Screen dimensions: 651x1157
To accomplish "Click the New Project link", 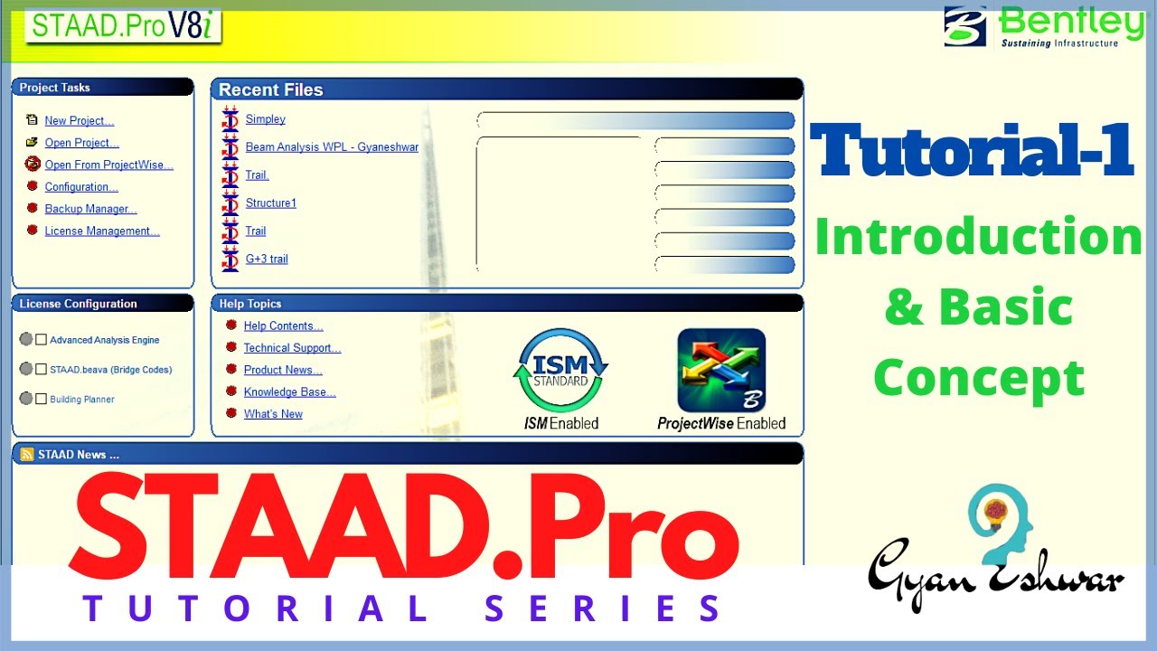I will [79, 121].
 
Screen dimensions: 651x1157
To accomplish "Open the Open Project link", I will [81, 143].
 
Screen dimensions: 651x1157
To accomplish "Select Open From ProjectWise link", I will [108, 165].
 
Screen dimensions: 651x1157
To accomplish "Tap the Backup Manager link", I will [90, 210].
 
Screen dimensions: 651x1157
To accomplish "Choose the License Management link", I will [101, 231].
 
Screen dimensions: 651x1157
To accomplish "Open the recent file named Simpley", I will [265, 119].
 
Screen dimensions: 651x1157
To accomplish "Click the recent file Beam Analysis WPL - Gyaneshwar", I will [332, 147].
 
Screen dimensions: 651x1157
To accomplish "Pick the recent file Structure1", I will [270, 203].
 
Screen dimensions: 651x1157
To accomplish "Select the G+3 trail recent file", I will [267, 259].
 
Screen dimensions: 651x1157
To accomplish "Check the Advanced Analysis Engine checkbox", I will [42, 340].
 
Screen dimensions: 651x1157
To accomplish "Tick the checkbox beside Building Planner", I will [42, 399].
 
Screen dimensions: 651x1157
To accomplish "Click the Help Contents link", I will [283, 326].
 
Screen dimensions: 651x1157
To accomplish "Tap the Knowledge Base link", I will [289, 392].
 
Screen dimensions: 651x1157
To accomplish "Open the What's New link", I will [273, 414].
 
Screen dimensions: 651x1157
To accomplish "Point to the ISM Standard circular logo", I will [560, 372].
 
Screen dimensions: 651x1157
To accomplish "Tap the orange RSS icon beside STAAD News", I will [27, 455].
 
